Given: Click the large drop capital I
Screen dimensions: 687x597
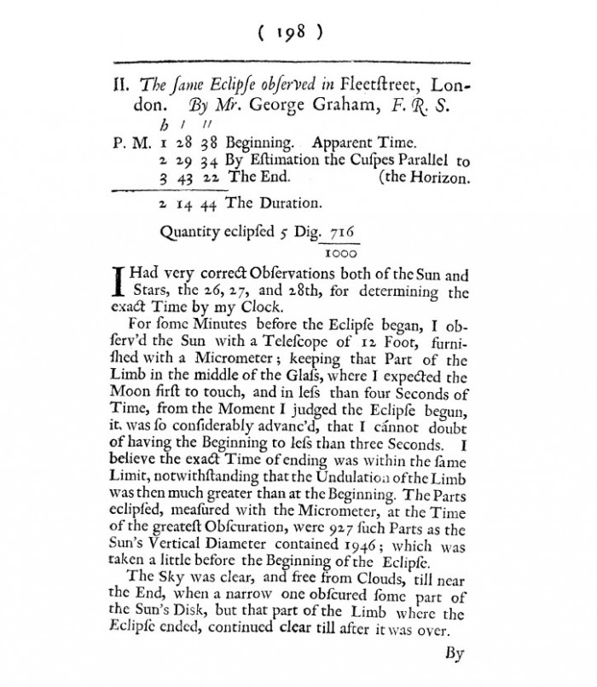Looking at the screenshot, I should tap(119, 282).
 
